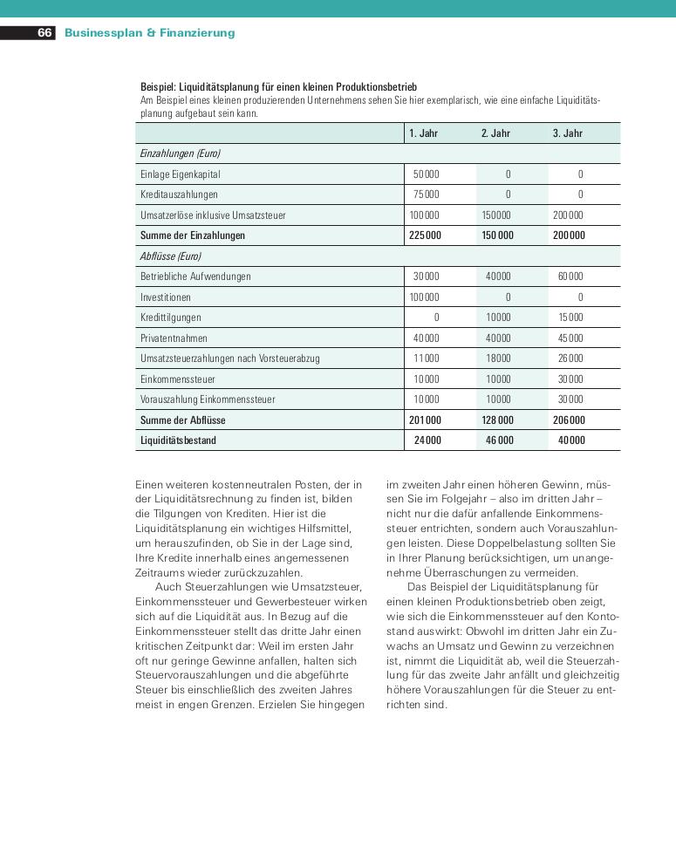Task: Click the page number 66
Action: point(44,33)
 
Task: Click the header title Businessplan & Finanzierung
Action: point(149,33)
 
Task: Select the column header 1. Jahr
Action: point(423,133)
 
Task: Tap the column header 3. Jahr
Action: point(567,133)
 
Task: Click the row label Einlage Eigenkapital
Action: point(181,174)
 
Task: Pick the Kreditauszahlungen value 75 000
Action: point(426,195)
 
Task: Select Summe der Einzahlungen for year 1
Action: point(425,236)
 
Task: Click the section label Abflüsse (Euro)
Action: point(170,256)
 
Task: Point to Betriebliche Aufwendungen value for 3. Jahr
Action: point(570,276)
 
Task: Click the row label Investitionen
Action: point(167,297)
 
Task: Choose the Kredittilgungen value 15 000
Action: point(570,317)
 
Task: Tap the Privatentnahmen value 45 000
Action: point(570,338)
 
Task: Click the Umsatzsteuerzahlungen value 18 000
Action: point(498,358)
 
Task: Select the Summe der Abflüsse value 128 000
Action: point(497,420)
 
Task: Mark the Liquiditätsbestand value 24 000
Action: point(427,440)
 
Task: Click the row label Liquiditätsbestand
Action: point(178,440)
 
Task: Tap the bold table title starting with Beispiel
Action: point(278,87)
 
